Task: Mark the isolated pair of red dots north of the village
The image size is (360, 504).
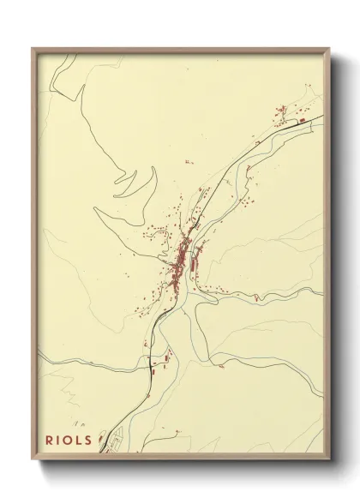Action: [x=187, y=161]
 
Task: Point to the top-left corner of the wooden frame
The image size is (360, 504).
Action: [x=33, y=49]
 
